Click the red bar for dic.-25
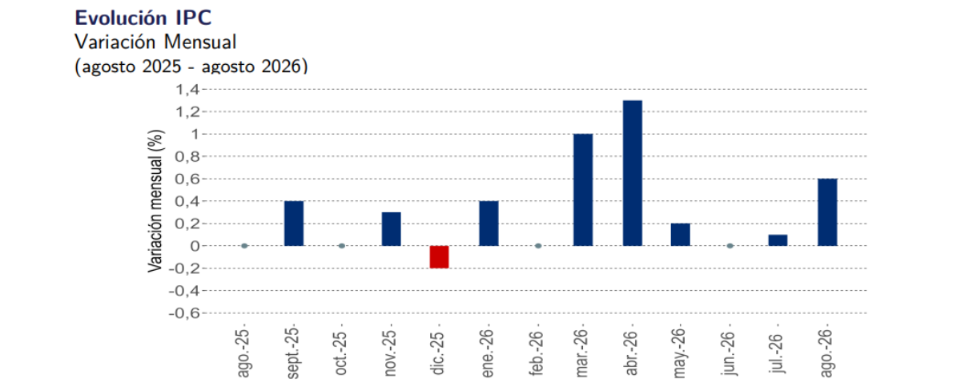[x=440, y=257]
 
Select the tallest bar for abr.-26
[x=633, y=173]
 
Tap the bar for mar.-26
[x=583, y=190]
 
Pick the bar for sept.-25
[x=294, y=223]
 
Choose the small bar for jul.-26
[x=778, y=240]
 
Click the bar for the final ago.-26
[x=827, y=212]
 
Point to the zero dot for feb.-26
[x=538, y=246]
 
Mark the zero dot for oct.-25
[x=341, y=246]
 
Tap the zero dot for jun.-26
[x=730, y=246]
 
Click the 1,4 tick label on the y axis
[x=187, y=89]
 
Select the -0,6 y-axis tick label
[x=184, y=312]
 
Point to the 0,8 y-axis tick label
[x=187, y=156]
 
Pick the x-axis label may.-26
[x=680, y=353]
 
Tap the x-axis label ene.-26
[x=488, y=353]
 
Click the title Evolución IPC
[x=143, y=18]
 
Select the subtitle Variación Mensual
[x=155, y=42]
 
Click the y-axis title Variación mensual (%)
[x=155, y=201]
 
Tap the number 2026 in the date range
[x=280, y=67]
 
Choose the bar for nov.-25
[x=392, y=228]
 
